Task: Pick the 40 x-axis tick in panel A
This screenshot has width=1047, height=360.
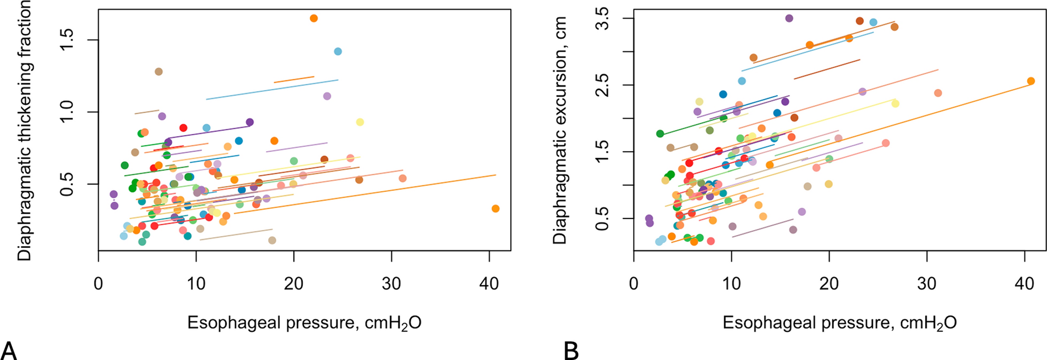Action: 489,283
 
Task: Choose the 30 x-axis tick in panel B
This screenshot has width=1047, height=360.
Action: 927,283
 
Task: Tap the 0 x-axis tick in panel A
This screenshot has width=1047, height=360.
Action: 98,283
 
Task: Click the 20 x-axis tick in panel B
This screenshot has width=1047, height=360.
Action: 829,283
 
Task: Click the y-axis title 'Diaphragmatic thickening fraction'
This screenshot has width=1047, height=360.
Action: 25,131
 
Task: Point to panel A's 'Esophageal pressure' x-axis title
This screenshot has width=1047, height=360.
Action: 304,323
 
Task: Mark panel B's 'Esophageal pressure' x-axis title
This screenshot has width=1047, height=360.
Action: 839,323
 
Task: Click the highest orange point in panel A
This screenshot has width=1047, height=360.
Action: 314,18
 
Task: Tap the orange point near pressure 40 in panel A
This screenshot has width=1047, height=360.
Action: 495,208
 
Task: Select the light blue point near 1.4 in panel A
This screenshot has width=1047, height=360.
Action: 338,51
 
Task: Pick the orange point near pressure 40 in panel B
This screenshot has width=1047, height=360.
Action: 1030,81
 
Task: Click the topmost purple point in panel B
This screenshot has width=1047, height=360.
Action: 789,18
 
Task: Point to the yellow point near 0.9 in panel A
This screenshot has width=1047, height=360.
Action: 360,122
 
